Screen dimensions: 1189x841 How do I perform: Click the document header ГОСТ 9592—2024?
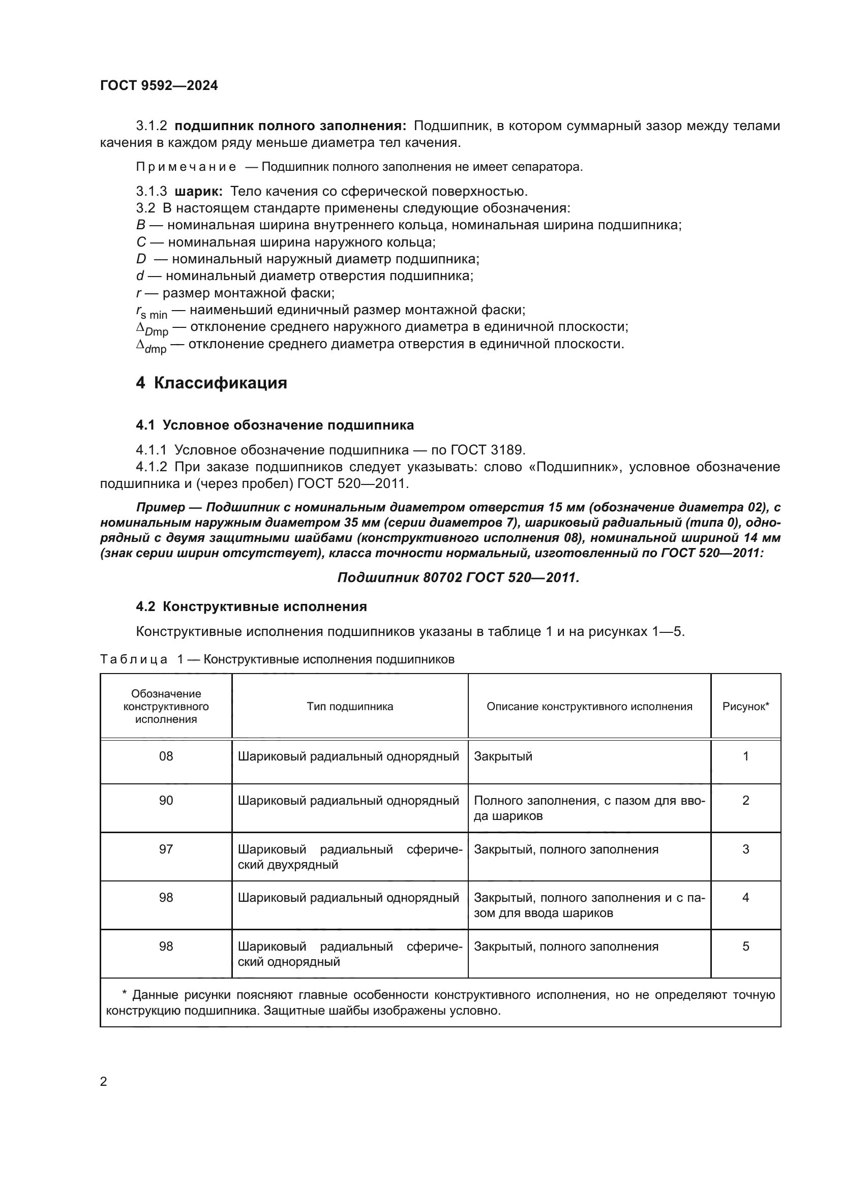click(x=159, y=85)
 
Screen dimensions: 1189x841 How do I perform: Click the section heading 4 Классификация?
click(x=212, y=383)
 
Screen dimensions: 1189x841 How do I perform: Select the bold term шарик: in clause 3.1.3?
click(x=199, y=191)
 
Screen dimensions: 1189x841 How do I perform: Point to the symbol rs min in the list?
click(x=152, y=312)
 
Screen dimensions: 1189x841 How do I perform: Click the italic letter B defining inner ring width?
click(x=141, y=225)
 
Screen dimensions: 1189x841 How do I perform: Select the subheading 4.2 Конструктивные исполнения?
click(x=251, y=606)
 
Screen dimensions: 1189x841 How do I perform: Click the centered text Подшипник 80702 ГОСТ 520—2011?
click(x=458, y=577)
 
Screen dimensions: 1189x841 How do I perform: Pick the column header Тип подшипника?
click(x=349, y=707)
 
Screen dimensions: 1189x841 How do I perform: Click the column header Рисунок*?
click(x=745, y=707)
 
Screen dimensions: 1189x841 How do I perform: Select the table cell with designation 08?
click(x=166, y=756)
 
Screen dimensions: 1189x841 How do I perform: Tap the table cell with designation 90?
click(x=166, y=800)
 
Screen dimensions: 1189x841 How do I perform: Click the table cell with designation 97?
click(x=166, y=849)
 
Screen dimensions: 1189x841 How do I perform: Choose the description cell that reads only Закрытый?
click(x=503, y=756)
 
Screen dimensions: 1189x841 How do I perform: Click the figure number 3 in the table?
click(x=745, y=849)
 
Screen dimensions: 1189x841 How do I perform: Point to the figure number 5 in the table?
click(x=745, y=946)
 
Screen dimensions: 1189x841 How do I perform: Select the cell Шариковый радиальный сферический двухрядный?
click(x=349, y=857)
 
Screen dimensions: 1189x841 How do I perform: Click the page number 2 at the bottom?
click(x=104, y=1081)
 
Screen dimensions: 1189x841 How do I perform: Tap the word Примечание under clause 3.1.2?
click(x=186, y=167)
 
